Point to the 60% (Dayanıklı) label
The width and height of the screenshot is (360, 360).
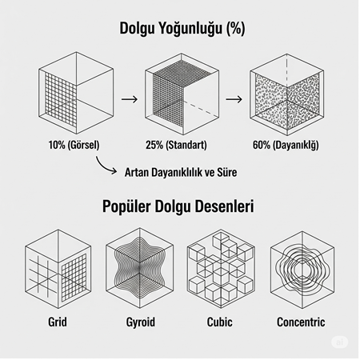click(286, 147)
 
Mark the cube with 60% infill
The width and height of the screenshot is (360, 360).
click(286, 94)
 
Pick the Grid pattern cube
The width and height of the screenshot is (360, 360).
click(57, 269)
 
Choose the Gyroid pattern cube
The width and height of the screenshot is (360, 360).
click(136, 269)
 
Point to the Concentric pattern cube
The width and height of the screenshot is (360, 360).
click(301, 269)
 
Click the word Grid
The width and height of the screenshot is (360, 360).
click(57, 323)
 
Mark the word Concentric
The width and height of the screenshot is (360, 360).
click(301, 323)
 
